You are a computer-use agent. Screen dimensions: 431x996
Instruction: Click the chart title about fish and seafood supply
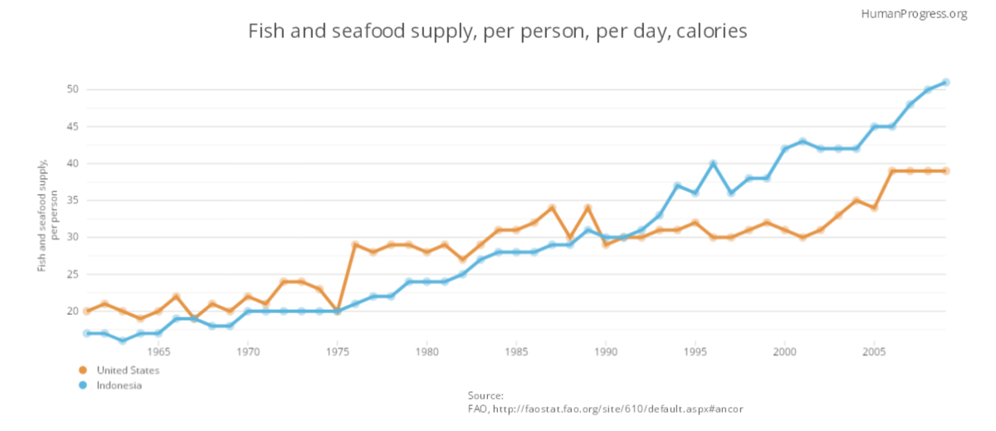[x=498, y=32]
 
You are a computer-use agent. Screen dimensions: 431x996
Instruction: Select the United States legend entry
[x=127, y=370]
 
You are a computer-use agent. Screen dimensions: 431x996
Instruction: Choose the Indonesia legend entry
[x=119, y=385]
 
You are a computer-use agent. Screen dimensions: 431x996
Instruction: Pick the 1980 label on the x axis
[x=427, y=351]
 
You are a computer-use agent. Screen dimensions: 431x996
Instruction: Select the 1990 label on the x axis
[x=606, y=351]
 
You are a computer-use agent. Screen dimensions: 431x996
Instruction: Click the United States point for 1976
[x=355, y=245]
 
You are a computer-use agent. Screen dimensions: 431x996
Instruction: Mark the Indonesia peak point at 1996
[x=713, y=163]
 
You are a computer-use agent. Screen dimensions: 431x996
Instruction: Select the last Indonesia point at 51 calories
[x=945, y=82]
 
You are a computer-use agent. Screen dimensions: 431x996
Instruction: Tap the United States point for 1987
[x=552, y=208]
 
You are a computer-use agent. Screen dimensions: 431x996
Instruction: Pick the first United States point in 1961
[x=87, y=312]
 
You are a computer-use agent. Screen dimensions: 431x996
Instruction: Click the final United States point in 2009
[x=945, y=171]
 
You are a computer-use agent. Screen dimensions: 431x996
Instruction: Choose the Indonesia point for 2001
[x=803, y=141]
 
